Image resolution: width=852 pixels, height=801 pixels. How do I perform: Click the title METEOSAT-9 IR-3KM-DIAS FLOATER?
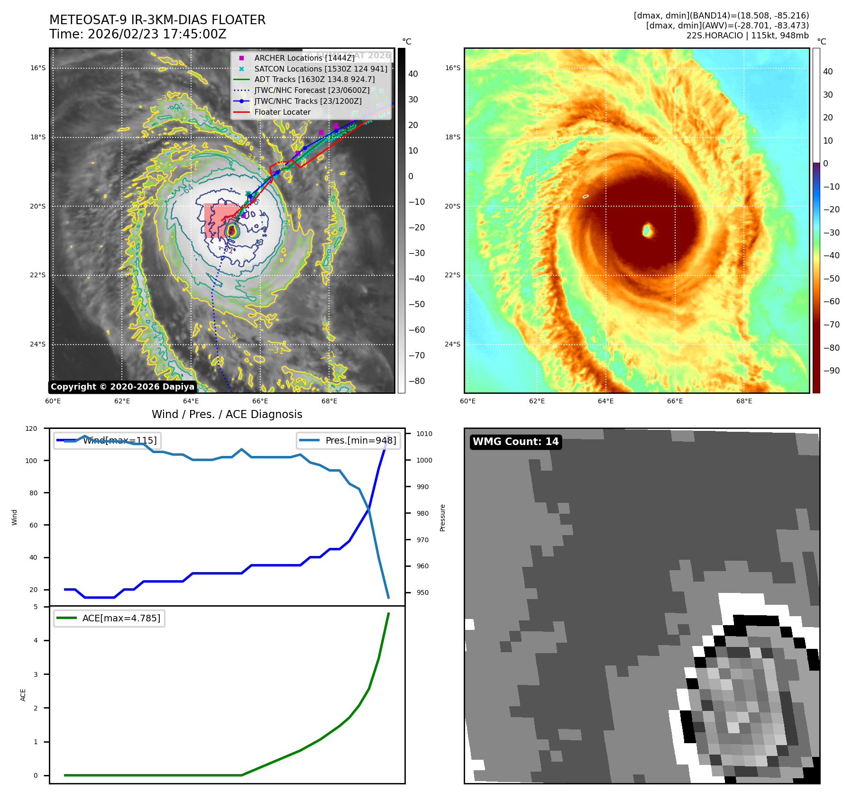pos(157,20)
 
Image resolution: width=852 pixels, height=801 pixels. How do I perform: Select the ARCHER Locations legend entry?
pos(304,58)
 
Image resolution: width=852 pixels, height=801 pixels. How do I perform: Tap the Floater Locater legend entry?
pos(282,112)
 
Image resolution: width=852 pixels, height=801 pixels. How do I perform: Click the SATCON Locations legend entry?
pos(321,69)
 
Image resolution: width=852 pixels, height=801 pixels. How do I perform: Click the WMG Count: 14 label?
pos(515,442)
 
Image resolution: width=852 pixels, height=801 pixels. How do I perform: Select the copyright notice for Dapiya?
pos(122,387)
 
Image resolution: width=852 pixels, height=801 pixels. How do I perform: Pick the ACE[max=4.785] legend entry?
pos(121,618)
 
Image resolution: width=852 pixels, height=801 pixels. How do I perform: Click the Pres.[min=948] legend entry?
pos(360,440)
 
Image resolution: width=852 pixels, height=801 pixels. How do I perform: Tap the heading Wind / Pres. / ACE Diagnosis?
pos(227,414)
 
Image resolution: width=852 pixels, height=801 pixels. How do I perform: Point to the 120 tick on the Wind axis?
pos(31,428)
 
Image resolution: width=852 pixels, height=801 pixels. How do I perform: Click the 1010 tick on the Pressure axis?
pos(424,434)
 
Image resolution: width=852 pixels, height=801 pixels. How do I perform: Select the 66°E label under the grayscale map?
pos(260,401)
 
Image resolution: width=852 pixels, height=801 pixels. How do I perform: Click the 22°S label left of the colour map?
pos(452,275)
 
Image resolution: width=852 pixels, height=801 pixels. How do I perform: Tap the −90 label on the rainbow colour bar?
pos(831,371)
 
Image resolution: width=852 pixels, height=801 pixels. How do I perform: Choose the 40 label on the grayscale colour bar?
pos(413,74)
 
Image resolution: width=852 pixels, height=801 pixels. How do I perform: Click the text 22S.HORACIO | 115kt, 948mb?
pos(747,36)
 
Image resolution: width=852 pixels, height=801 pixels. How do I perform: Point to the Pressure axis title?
pos(442,518)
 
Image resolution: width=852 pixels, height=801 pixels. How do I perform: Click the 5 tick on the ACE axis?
pos(36,607)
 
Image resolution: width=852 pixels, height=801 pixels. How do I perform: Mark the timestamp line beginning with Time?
pos(137,34)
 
